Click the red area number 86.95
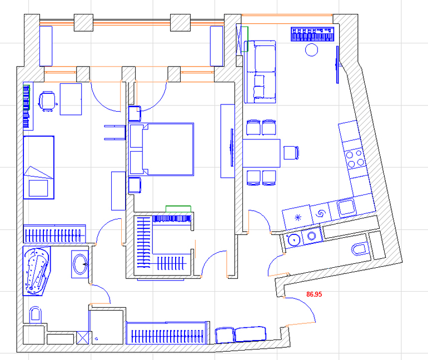click(314, 294)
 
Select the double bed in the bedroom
click(162, 149)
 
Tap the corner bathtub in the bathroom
click(37, 271)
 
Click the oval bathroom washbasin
click(79, 264)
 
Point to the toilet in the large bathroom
click(35, 314)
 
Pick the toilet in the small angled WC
click(360, 249)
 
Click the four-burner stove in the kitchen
click(354, 159)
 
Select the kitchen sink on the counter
click(346, 207)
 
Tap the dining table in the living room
click(261, 153)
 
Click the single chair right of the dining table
click(291, 153)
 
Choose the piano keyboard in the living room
click(312, 34)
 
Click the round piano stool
click(311, 50)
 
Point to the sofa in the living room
click(260, 72)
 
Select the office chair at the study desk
click(47, 101)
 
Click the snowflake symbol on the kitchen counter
click(298, 217)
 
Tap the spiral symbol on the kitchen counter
click(321, 213)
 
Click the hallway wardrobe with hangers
click(168, 333)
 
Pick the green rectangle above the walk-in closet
click(178, 209)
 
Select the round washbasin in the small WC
click(293, 239)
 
